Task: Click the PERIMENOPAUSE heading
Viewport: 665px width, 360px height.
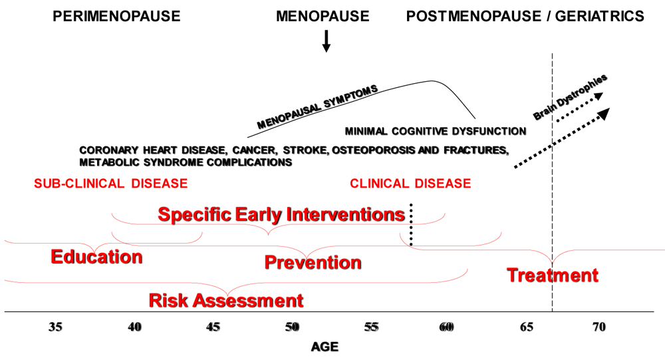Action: pyautogui.click(x=116, y=16)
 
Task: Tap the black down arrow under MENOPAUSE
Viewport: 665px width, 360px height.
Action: pyautogui.click(x=326, y=41)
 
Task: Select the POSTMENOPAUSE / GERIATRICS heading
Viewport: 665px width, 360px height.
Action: pyautogui.click(x=525, y=16)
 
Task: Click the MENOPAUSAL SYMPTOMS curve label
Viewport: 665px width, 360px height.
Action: pyautogui.click(x=317, y=107)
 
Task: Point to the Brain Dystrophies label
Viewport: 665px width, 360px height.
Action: pyautogui.click(x=570, y=97)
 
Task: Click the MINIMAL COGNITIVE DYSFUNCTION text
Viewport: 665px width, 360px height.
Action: pyautogui.click(x=436, y=131)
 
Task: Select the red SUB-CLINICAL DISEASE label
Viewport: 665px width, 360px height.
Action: pyautogui.click(x=110, y=184)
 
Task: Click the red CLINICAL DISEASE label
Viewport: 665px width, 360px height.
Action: pyautogui.click(x=410, y=184)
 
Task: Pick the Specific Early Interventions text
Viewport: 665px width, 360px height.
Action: pyautogui.click(x=281, y=214)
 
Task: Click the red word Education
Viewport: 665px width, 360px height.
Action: pyautogui.click(x=96, y=257)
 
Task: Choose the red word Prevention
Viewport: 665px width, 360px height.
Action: pyautogui.click(x=313, y=262)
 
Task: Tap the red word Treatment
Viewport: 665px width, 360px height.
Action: pyautogui.click(x=553, y=275)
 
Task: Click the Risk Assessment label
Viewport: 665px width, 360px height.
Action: pyautogui.click(x=226, y=301)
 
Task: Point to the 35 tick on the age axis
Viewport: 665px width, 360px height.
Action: pyautogui.click(x=55, y=327)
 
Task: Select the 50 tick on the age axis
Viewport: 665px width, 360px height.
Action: pyautogui.click(x=292, y=327)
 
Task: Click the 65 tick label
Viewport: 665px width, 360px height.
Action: pyautogui.click(x=526, y=327)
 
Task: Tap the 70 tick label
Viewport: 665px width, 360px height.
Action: pyautogui.click(x=599, y=327)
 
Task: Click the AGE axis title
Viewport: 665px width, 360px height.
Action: pyautogui.click(x=325, y=347)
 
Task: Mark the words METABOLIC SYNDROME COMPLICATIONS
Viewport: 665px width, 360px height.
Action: pyautogui.click(x=186, y=162)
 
